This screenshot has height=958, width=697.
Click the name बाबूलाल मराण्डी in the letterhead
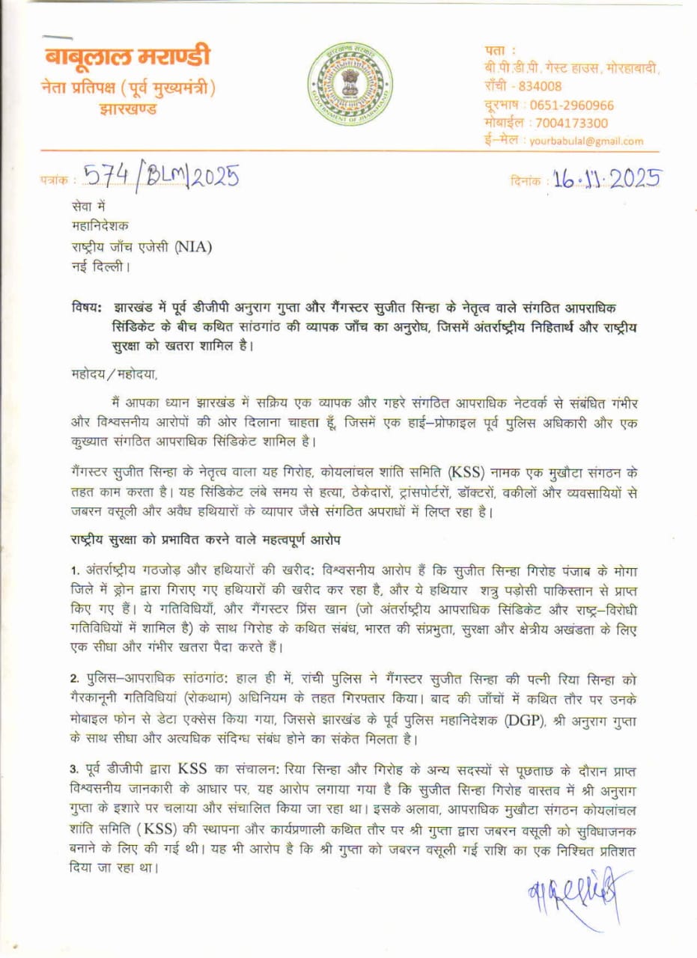click(x=127, y=57)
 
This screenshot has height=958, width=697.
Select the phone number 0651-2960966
click(x=571, y=105)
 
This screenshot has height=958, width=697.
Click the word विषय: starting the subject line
click(x=88, y=308)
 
